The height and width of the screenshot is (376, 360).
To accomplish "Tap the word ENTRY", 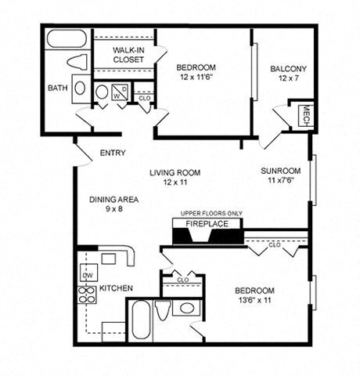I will point(114,154).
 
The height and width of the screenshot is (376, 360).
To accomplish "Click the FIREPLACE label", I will point(207,223).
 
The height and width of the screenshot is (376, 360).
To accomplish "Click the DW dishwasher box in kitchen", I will point(88,275).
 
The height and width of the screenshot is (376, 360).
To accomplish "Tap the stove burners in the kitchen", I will point(85,295).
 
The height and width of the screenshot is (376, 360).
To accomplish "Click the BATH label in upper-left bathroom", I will point(57,88).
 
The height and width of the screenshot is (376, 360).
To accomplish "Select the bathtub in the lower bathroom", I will point(138,319).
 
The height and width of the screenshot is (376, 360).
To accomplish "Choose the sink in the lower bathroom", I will point(186,307).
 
